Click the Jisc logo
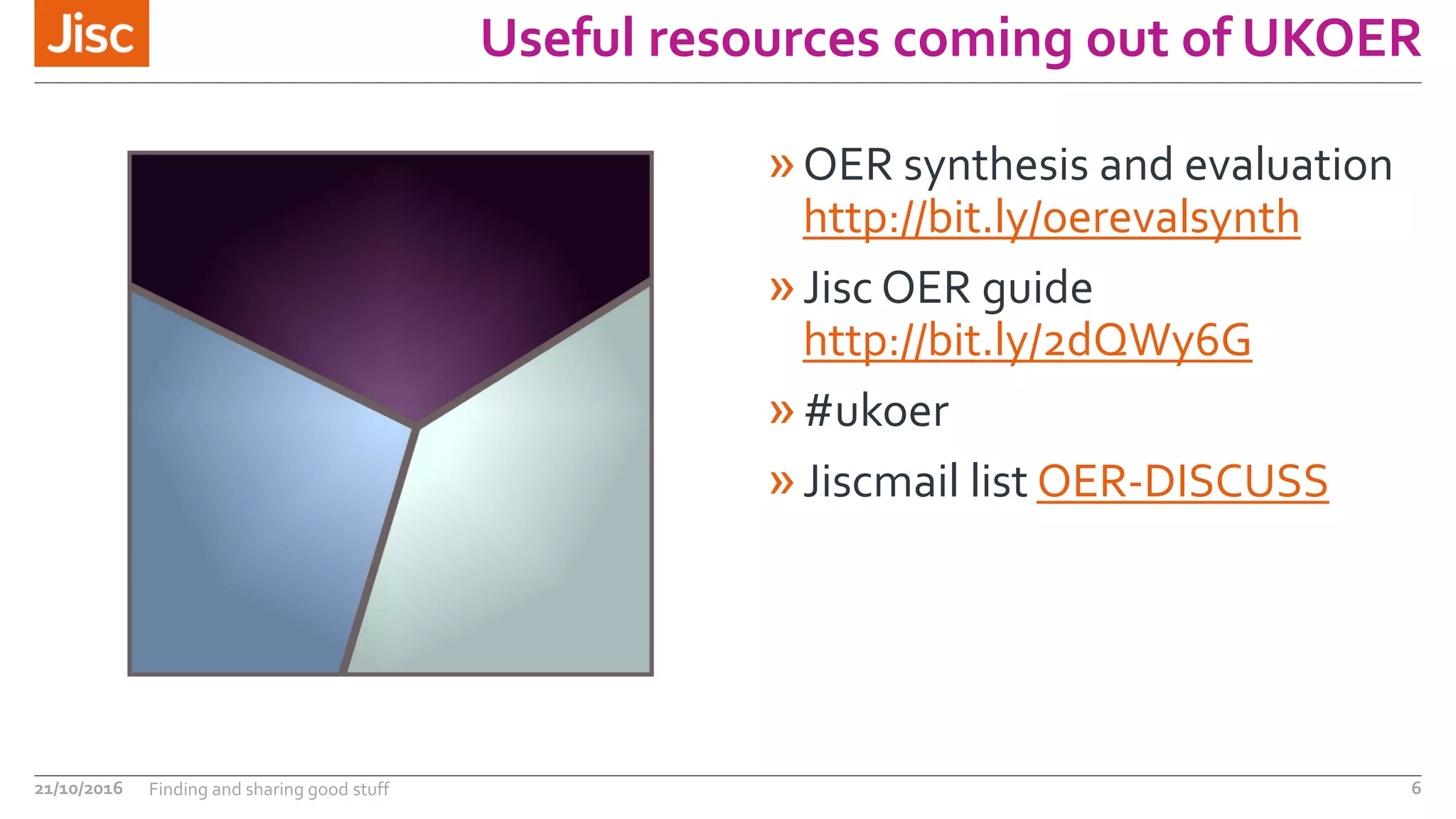[x=92, y=33]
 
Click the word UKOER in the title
[x=1332, y=38]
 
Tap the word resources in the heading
[x=764, y=38]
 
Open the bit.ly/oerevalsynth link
[x=1051, y=218]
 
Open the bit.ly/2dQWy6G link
[x=1027, y=341]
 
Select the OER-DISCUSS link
[x=1182, y=481]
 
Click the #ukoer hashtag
[x=876, y=412]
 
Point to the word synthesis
[x=996, y=166]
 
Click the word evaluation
[x=1288, y=166]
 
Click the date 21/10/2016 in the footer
[x=78, y=788]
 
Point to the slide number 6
[x=1415, y=788]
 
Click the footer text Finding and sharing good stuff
[x=269, y=789]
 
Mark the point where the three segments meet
[x=417, y=427]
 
